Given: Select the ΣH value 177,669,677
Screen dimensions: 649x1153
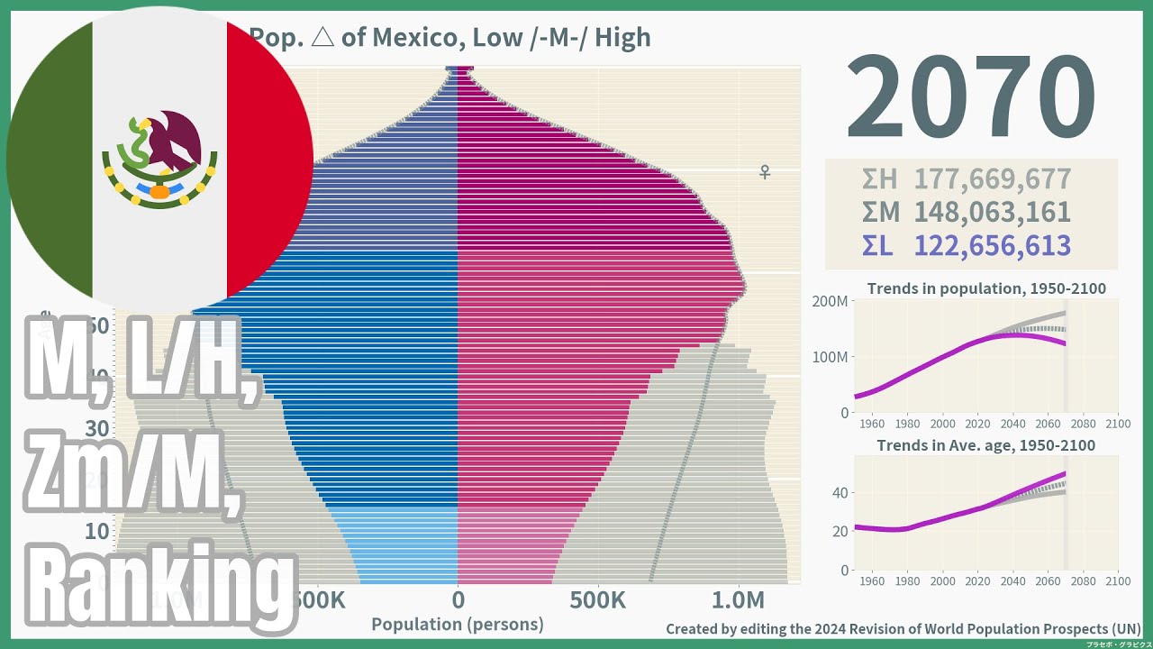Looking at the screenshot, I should [992, 179].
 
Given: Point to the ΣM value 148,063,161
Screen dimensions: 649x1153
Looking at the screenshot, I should [992, 213].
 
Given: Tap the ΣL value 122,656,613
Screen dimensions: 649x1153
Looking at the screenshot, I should [992, 246].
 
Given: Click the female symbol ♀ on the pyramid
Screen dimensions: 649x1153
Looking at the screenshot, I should [765, 171].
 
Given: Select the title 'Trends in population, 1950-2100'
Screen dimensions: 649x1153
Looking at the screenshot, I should [986, 289].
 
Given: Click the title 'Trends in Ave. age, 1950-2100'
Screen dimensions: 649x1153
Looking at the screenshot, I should [986, 445].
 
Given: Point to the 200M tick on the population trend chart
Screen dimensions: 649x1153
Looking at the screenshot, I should [830, 301].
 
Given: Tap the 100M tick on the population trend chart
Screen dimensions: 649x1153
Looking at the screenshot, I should [830, 357].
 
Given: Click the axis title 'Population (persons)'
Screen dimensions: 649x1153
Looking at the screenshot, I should [458, 625].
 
